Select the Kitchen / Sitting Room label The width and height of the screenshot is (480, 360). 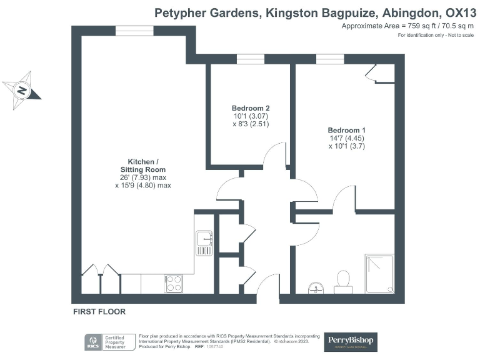click(x=146, y=165)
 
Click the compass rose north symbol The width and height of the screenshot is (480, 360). click(x=22, y=90)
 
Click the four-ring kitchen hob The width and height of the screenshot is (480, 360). click(x=174, y=283)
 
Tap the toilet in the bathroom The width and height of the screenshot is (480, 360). click(x=342, y=281)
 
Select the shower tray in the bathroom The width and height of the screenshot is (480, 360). click(x=379, y=273)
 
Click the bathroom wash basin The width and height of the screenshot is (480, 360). click(x=316, y=287)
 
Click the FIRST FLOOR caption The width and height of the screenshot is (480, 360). click(x=99, y=311)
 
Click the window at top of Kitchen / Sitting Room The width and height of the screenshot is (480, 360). click(x=134, y=31)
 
